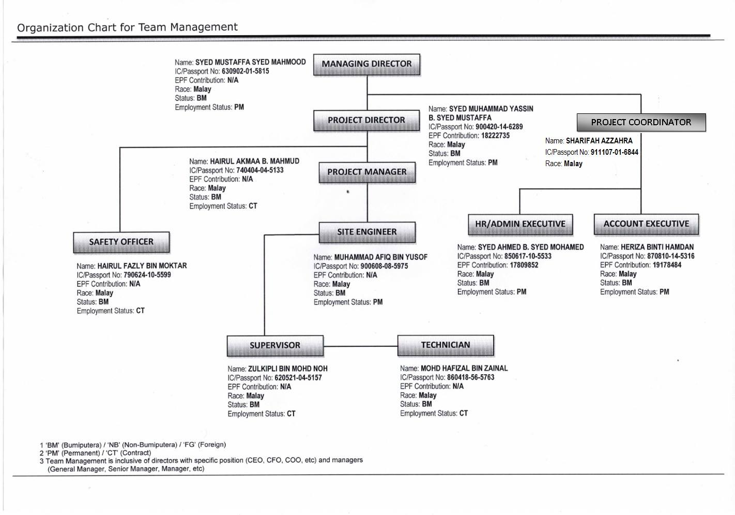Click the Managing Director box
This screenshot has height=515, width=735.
coord(366,65)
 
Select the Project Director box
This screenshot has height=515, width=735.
coord(366,121)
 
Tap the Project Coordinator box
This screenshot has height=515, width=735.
coord(641,122)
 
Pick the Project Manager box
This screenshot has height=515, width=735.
coord(367,172)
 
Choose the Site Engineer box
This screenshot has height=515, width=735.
coord(367,232)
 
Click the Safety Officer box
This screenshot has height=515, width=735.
coord(121,243)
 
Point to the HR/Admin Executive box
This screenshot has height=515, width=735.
coord(520,225)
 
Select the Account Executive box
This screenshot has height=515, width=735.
coord(647,224)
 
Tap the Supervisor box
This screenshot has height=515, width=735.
coord(275,346)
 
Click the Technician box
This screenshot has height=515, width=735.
coord(446,345)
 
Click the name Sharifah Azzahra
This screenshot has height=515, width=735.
coord(599,141)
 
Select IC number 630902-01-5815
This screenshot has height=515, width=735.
coord(246,71)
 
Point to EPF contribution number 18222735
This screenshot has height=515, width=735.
coord(496,136)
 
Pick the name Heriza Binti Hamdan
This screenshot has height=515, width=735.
coord(657,247)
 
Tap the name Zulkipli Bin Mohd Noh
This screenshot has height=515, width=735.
coord(288,369)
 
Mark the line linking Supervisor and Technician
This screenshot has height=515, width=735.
coord(360,346)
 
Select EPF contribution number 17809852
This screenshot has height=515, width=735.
coord(524,265)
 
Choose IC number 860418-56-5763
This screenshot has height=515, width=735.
coord(470,377)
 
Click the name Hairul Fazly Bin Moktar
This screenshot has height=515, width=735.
coord(142,266)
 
